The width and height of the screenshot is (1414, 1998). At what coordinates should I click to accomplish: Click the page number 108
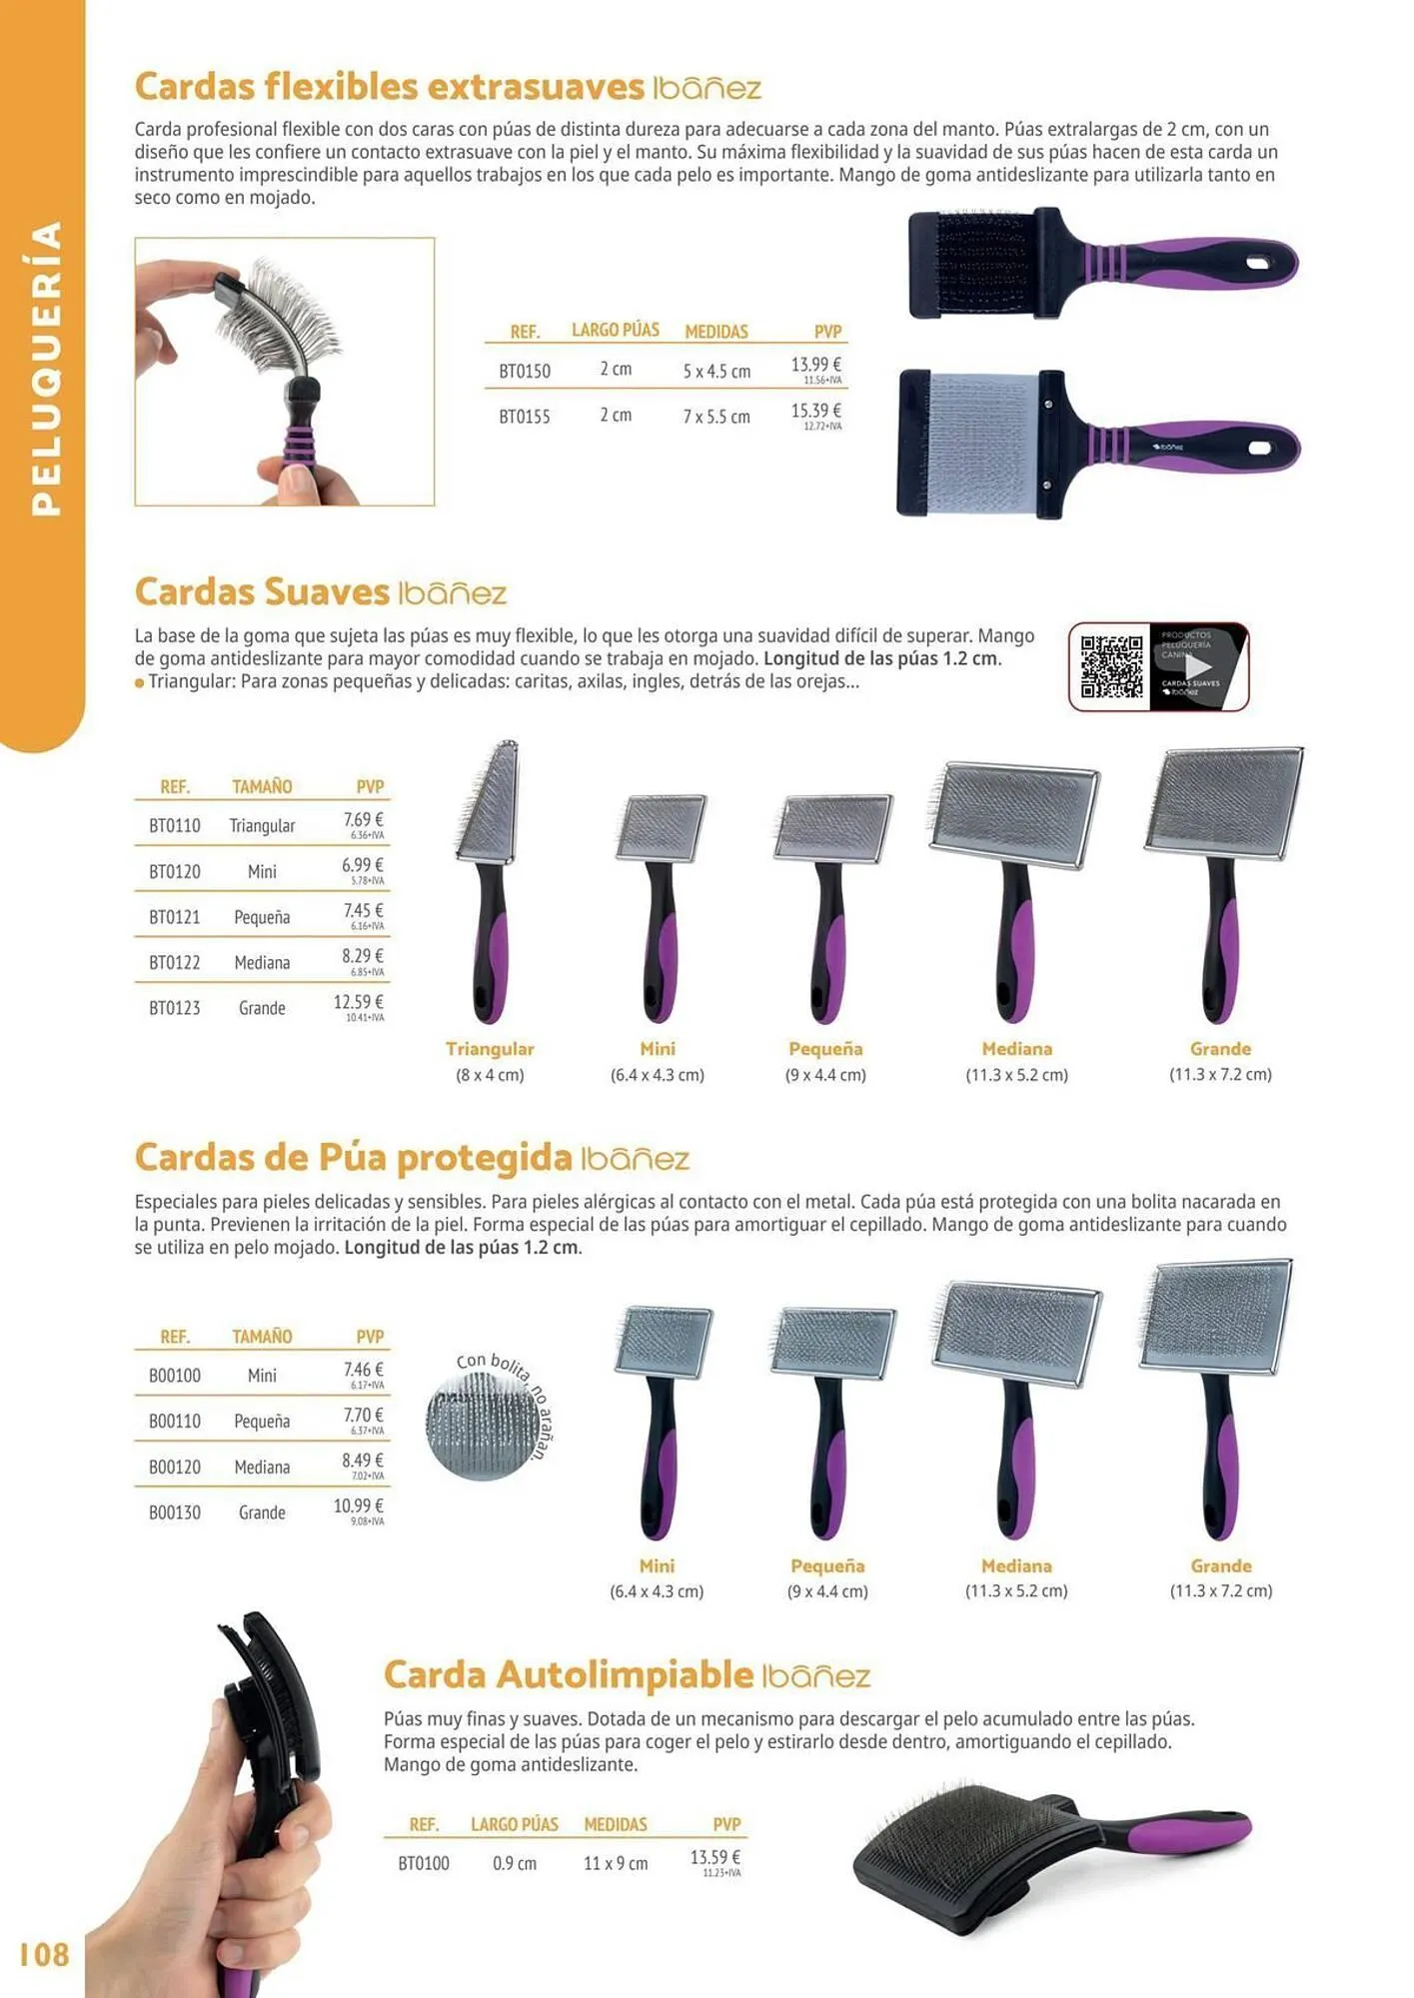[x=44, y=1953]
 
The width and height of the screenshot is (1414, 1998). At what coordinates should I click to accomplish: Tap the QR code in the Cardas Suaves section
[x=1111, y=666]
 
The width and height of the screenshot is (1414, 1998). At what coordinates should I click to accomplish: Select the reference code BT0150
[x=525, y=372]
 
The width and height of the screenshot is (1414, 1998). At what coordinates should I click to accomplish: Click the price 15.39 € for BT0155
[x=815, y=411]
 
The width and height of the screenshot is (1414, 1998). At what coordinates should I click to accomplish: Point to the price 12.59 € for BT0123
[x=358, y=1002]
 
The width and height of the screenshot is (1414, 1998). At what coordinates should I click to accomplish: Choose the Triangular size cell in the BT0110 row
[x=262, y=826]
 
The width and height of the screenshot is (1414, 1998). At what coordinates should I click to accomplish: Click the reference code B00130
[x=175, y=1512]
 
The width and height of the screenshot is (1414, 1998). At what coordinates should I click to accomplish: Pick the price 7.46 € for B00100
[x=364, y=1370]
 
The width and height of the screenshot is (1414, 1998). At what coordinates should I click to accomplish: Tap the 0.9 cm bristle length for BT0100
[x=515, y=1863]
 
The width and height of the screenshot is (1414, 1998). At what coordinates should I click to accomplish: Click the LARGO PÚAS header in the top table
[x=615, y=331]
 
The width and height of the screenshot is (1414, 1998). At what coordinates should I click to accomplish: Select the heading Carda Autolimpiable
[x=568, y=1675]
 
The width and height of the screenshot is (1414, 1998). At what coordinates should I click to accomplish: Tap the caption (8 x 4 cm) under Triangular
[x=490, y=1075]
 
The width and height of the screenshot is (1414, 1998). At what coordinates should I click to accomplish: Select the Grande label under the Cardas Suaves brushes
[x=1220, y=1049]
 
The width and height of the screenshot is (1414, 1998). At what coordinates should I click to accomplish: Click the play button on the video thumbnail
[x=1197, y=666]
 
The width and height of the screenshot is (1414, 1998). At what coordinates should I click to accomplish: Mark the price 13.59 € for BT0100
[x=714, y=1857]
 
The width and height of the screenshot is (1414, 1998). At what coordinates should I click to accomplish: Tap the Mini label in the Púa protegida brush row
[x=657, y=1565]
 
